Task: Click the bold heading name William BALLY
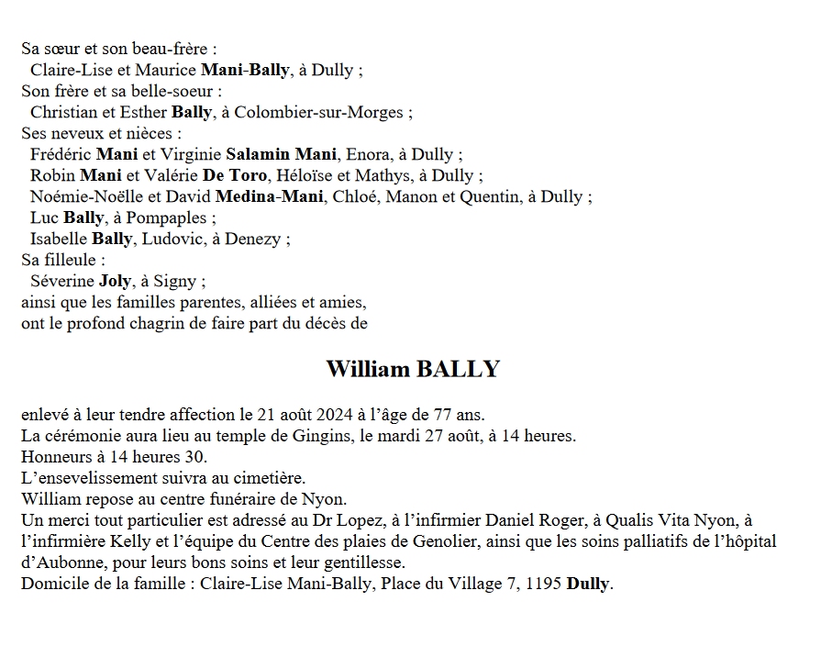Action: (x=413, y=370)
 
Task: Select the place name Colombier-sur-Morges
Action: (x=320, y=113)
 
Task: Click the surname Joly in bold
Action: (x=115, y=282)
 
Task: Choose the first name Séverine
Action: (x=61, y=282)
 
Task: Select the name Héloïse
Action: (x=305, y=176)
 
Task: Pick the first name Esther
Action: (x=143, y=113)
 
